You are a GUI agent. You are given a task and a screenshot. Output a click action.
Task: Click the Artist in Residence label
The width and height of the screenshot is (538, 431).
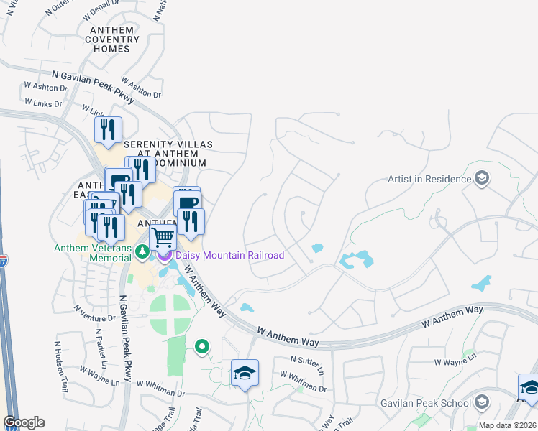point(428,179)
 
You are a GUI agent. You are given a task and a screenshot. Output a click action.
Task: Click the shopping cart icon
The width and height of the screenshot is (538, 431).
point(163,236)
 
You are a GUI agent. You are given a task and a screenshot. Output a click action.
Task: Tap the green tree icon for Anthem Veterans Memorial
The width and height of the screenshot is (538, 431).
point(142,251)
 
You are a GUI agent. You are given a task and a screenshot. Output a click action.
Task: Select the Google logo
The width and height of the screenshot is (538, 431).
point(24,422)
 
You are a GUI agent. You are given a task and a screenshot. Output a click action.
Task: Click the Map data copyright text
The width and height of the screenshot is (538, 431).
point(508,425)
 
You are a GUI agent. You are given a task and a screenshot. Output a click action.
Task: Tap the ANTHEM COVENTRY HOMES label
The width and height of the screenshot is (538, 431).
point(111,40)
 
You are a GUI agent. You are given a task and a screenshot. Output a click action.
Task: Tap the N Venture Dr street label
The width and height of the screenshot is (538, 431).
point(94,313)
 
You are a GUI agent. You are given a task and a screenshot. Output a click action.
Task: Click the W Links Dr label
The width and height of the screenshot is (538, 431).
point(44,103)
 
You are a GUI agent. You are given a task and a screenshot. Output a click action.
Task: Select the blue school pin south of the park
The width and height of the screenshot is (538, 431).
point(245,373)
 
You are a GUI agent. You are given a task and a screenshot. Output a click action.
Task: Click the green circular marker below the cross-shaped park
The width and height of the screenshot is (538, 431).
point(202,347)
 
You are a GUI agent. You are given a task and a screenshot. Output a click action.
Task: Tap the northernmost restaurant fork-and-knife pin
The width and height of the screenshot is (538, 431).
point(109,130)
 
